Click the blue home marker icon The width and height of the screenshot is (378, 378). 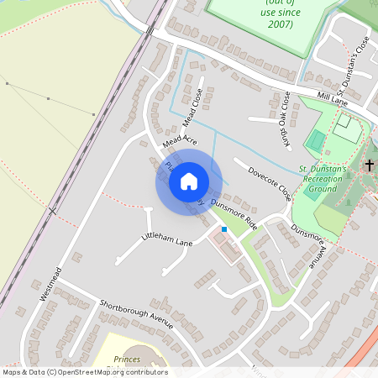pyautogui.click(x=189, y=181)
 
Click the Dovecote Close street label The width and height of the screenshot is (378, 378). pyautogui.click(x=270, y=182)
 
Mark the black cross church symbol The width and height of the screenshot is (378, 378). pyautogui.click(x=368, y=165)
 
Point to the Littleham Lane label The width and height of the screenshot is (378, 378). pyautogui.click(x=167, y=240)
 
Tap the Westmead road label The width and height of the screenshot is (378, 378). pyautogui.click(x=51, y=284)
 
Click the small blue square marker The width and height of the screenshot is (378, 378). pyautogui.click(x=223, y=228)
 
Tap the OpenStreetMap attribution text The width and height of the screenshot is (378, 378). pyautogui.click(x=84, y=371)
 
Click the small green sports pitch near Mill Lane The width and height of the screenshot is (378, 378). pyautogui.click(x=315, y=141)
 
